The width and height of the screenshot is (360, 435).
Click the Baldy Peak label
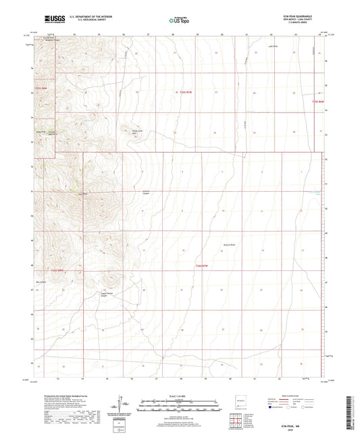(x=40, y=131)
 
